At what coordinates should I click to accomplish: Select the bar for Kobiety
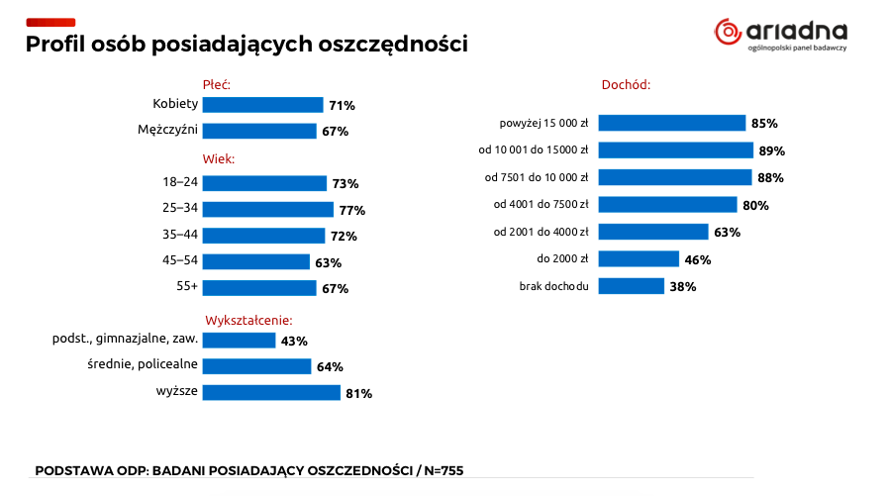(262, 105)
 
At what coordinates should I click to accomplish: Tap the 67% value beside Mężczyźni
(335, 131)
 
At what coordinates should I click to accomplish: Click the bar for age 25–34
(267, 209)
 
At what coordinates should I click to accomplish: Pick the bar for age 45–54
(255, 262)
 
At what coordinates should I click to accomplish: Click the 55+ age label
(187, 287)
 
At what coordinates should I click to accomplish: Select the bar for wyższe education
(271, 392)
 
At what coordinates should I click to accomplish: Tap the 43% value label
(294, 341)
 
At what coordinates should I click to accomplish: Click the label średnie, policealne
(144, 365)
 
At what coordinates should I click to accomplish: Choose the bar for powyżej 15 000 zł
(671, 123)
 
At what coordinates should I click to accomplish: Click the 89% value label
(772, 150)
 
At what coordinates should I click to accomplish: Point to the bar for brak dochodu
(631, 286)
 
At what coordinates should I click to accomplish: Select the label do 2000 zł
(563, 259)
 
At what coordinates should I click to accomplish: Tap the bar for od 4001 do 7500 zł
(667, 205)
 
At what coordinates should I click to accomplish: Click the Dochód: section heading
(626, 85)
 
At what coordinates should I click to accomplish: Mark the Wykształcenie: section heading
(248, 321)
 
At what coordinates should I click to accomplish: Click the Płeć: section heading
(216, 85)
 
